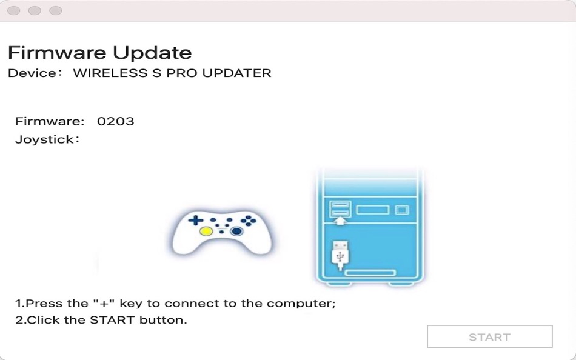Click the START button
pyautogui.click(x=490, y=336)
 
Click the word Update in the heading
pyautogui.click(x=152, y=53)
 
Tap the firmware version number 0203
pyautogui.click(x=116, y=121)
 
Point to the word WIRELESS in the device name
pyautogui.click(x=110, y=73)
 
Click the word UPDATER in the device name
pyautogui.click(x=237, y=73)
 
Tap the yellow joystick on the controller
pyautogui.click(x=206, y=231)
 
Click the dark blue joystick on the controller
pyautogui.click(x=236, y=231)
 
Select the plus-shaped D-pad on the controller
pyautogui.click(x=196, y=221)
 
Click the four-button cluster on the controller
pyautogui.click(x=249, y=221)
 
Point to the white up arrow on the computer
pyautogui.click(x=341, y=221)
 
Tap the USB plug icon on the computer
pyautogui.click(x=340, y=255)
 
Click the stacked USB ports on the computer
pyautogui.click(x=340, y=208)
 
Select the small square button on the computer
pyautogui.click(x=402, y=210)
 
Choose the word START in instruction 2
pyautogui.click(x=112, y=320)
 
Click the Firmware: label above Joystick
pyautogui.click(x=50, y=121)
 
